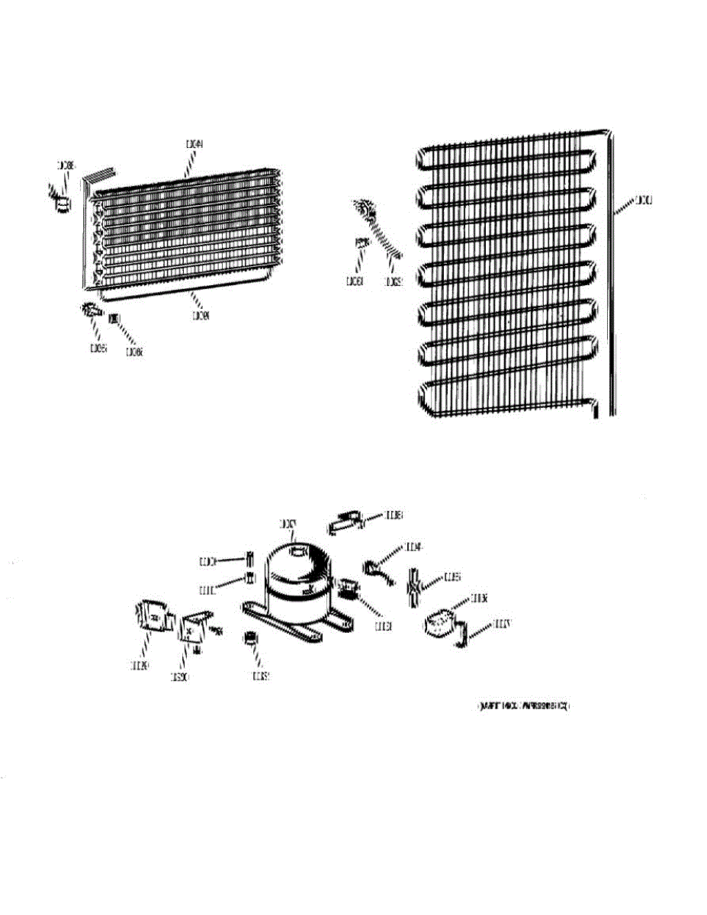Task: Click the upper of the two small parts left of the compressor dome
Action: tap(247, 556)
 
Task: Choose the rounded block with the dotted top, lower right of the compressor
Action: tap(439, 624)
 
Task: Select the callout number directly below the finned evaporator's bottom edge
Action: tap(201, 313)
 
